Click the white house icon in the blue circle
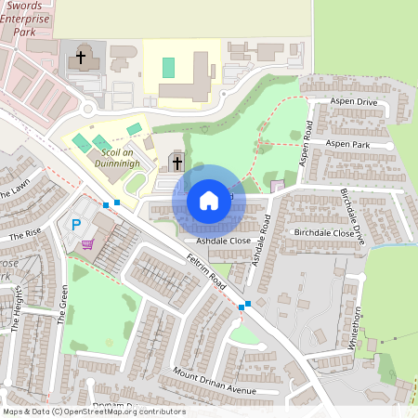click(x=209, y=200)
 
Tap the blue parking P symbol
click(x=76, y=224)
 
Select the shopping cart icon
click(x=87, y=244)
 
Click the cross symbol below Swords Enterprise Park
click(x=81, y=58)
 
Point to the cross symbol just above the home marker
click(x=176, y=163)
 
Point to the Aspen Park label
click(x=348, y=145)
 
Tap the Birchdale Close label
click(x=323, y=232)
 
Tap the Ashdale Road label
click(x=261, y=240)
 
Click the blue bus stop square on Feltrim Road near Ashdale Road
click(x=242, y=307)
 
